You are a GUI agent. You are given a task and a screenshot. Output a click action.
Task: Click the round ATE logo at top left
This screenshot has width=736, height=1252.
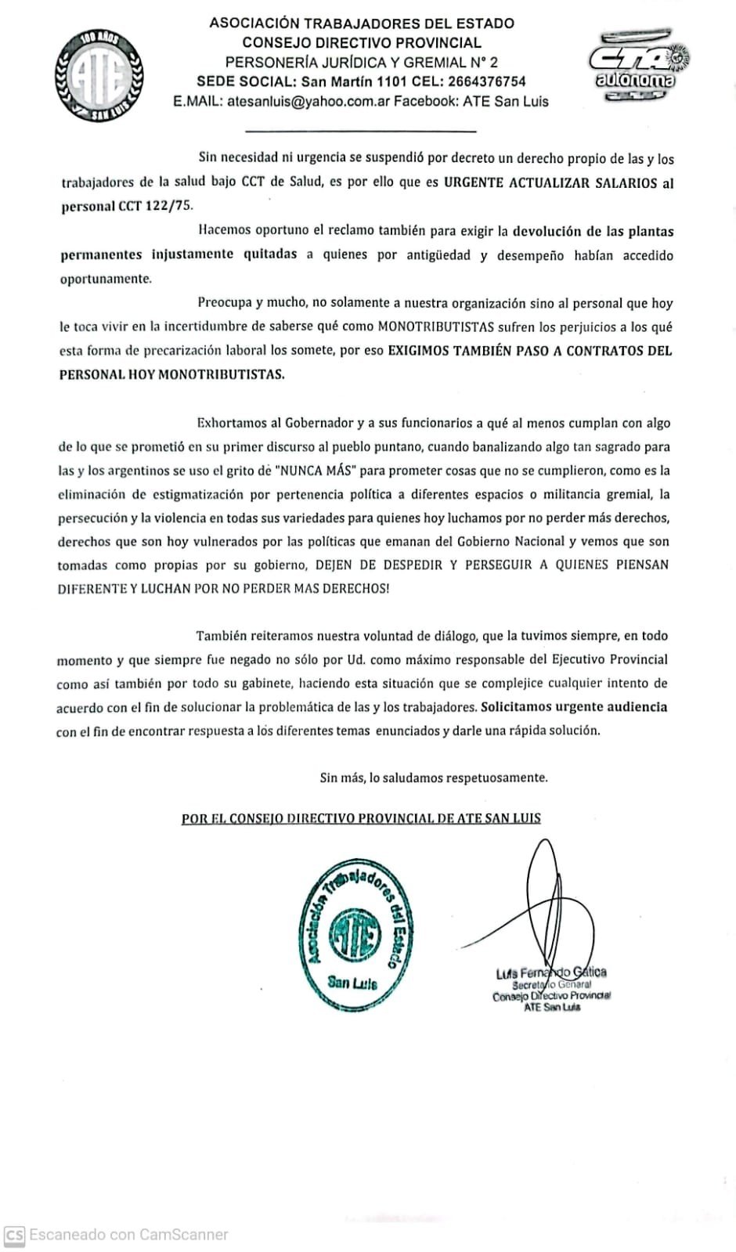coord(99,75)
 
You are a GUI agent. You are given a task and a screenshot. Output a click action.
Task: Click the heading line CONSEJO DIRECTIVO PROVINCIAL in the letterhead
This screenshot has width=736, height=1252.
coord(361,42)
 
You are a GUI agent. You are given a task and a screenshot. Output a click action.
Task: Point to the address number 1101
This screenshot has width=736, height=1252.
coord(382,81)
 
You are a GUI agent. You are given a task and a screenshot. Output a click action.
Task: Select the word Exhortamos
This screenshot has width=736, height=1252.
coord(232,424)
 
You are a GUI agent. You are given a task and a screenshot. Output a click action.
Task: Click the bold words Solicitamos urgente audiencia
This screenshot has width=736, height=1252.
coord(574,706)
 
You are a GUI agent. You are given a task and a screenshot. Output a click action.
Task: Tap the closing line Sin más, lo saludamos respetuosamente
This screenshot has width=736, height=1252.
coord(433,778)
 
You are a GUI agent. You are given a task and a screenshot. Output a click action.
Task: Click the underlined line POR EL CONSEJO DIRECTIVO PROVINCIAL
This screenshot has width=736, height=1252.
coord(361,818)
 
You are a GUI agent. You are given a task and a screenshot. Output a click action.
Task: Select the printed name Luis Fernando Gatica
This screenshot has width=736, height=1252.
coord(550,972)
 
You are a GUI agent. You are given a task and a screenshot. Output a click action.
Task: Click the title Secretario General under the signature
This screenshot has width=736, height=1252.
coord(551,985)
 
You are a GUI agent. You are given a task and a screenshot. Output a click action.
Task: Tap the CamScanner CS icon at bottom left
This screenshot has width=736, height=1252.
coord(13,1235)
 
